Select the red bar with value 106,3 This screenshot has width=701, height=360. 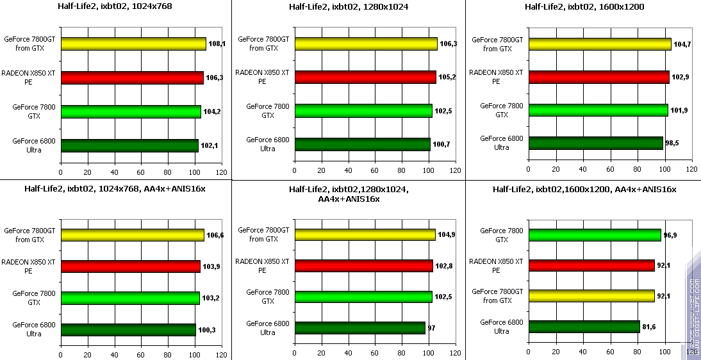tap(132, 78)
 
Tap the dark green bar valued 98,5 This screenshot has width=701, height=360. tap(595, 143)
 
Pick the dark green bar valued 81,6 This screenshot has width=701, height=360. tap(584, 327)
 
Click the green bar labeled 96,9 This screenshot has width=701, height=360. tap(594, 235)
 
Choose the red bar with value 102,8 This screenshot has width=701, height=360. tap(363, 266)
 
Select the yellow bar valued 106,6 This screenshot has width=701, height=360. tap(132, 235)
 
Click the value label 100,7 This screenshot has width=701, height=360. tap(442, 144)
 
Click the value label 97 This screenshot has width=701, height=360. tap(432, 328)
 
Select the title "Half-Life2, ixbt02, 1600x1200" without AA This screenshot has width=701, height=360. tap(584, 7)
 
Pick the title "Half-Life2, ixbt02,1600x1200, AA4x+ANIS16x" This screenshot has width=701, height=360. tap(584, 189)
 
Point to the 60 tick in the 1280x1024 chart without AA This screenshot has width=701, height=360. tap(375, 171)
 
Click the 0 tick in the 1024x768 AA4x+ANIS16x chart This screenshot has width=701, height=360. tap(61, 354)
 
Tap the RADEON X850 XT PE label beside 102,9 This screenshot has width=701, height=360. tap(496, 78)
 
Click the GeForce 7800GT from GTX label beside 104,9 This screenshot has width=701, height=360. tap(264, 234)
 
